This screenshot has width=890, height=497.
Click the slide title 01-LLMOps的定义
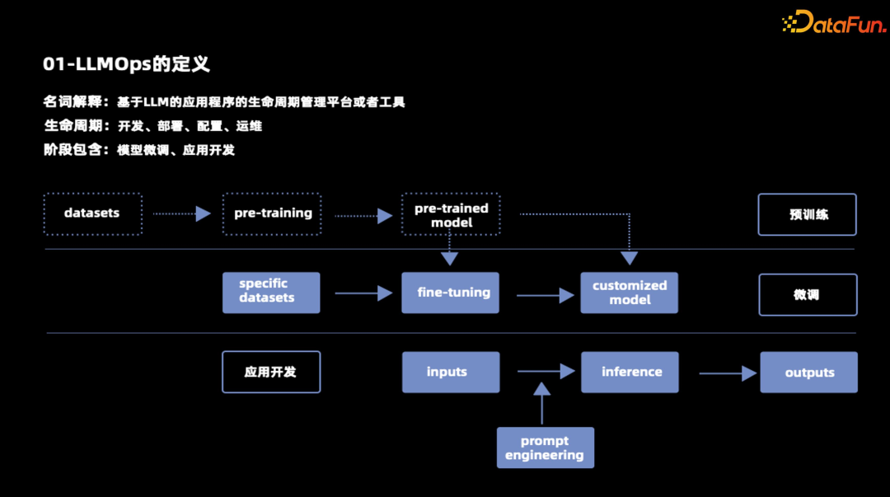126,64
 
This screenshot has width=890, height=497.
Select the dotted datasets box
92,213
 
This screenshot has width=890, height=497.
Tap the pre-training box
272,213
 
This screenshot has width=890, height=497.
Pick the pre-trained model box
451,214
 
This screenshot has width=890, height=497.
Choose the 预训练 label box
808,214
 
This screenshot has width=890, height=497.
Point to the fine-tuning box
451,293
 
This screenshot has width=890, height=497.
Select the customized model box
630,293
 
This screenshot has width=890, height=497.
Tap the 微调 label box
808,294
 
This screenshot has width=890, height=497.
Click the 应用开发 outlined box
271,372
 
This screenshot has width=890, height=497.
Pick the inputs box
451,372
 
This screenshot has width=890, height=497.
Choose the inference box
630,372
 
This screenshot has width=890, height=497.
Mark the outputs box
808,373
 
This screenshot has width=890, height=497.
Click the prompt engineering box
545,448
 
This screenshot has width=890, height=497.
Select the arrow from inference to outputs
728,373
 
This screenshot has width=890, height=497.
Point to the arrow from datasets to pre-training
182,214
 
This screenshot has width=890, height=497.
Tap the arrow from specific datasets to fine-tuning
363,293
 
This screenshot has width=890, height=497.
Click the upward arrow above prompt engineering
541,402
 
